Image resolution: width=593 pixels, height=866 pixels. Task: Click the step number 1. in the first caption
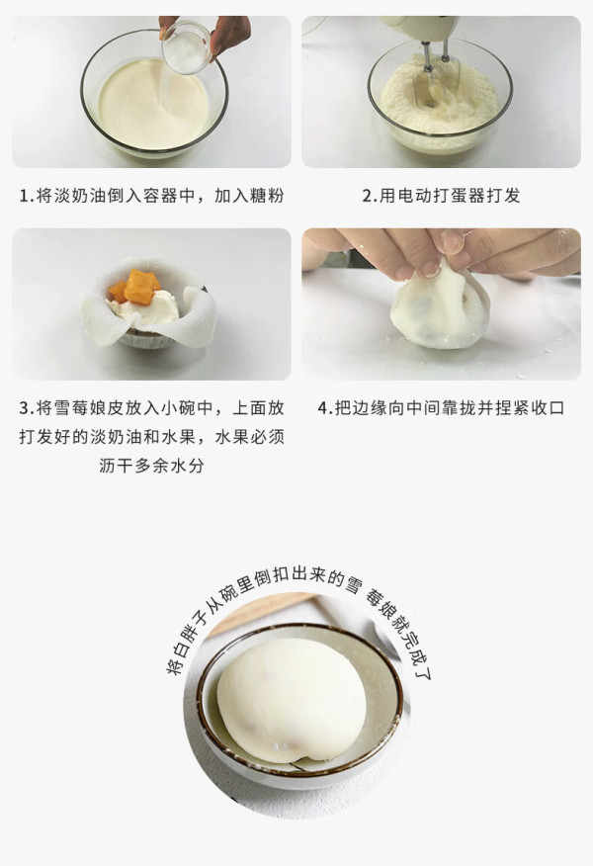click(27, 196)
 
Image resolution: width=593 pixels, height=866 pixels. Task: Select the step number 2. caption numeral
click(370, 196)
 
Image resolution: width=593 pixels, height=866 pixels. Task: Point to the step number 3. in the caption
click(27, 408)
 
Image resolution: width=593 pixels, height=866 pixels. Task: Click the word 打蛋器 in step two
click(458, 196)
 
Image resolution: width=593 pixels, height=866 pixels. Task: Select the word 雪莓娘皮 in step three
click(88, 408)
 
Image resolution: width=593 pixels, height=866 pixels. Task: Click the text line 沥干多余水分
click(152, 466)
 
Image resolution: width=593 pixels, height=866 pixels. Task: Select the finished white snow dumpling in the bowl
click(291, 699)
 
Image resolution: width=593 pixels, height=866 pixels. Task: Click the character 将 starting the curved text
click(175, 667)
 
